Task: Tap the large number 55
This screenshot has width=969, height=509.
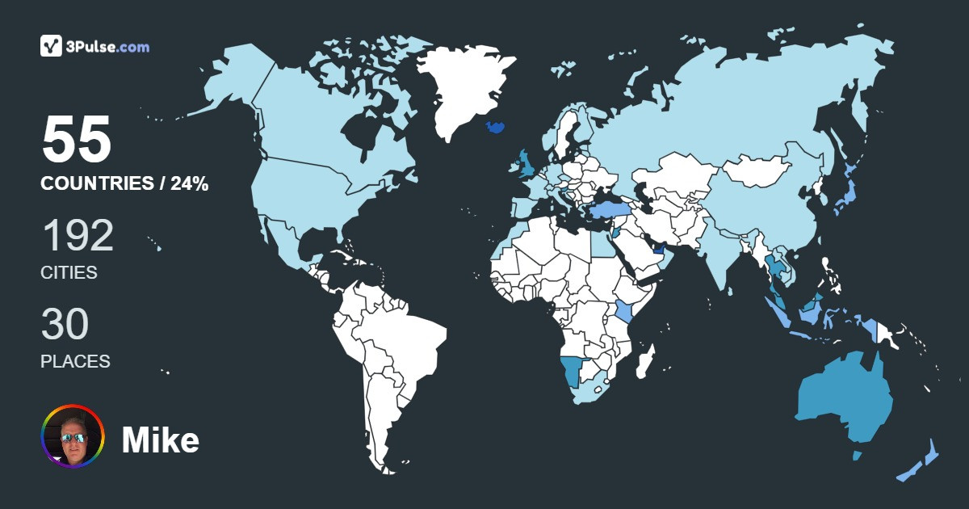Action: pos(77,140)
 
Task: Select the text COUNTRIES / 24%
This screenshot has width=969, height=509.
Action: pos(124,184)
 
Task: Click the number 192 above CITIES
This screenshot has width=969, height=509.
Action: pos(78,236)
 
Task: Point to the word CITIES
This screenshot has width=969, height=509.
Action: pos(69,273)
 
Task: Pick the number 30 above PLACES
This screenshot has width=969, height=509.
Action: pos(65,325)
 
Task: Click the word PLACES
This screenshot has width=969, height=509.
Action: pos(75,361)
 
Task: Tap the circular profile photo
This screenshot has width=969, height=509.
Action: pos(73,436)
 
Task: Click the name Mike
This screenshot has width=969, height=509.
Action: pos(160,440)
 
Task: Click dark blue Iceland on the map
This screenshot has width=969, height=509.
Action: pos(496,128)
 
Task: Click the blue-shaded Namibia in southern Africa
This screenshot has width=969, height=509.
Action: pos(573,372)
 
